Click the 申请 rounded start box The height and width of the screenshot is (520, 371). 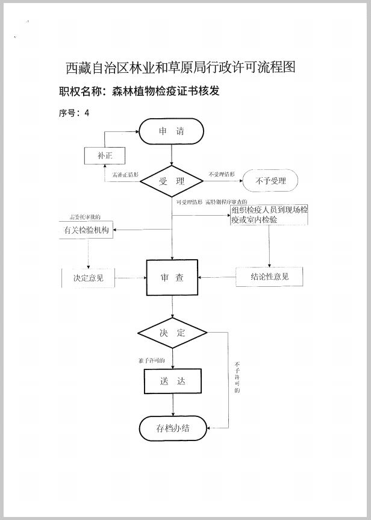coord(172,132)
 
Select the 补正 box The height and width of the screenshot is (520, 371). coord(104,156)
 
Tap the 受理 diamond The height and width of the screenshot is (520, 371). coord(172,181)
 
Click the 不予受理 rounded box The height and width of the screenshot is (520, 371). coord(270,181)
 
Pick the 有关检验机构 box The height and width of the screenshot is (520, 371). coord(86,231)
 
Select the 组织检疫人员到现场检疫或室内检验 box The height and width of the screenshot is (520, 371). coord(269,215)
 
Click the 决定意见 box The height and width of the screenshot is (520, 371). coord(89,278)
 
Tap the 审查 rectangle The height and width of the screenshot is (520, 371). coord(172,278)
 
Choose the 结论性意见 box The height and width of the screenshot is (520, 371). coord(269,277)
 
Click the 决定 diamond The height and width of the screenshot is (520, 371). coord(172,333)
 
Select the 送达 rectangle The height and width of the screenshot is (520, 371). coord(172,381)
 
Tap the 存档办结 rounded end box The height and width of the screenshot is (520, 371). coord(173,428)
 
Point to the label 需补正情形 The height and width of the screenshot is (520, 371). coord(126,175)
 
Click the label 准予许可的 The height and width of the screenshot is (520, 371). coord(151,360)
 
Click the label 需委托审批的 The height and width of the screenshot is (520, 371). coord(85,217)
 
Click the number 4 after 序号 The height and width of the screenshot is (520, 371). coord(87,113)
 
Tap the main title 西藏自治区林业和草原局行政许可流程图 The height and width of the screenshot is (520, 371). coord(180,67)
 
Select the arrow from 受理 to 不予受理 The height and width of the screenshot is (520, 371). coord(222,181)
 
